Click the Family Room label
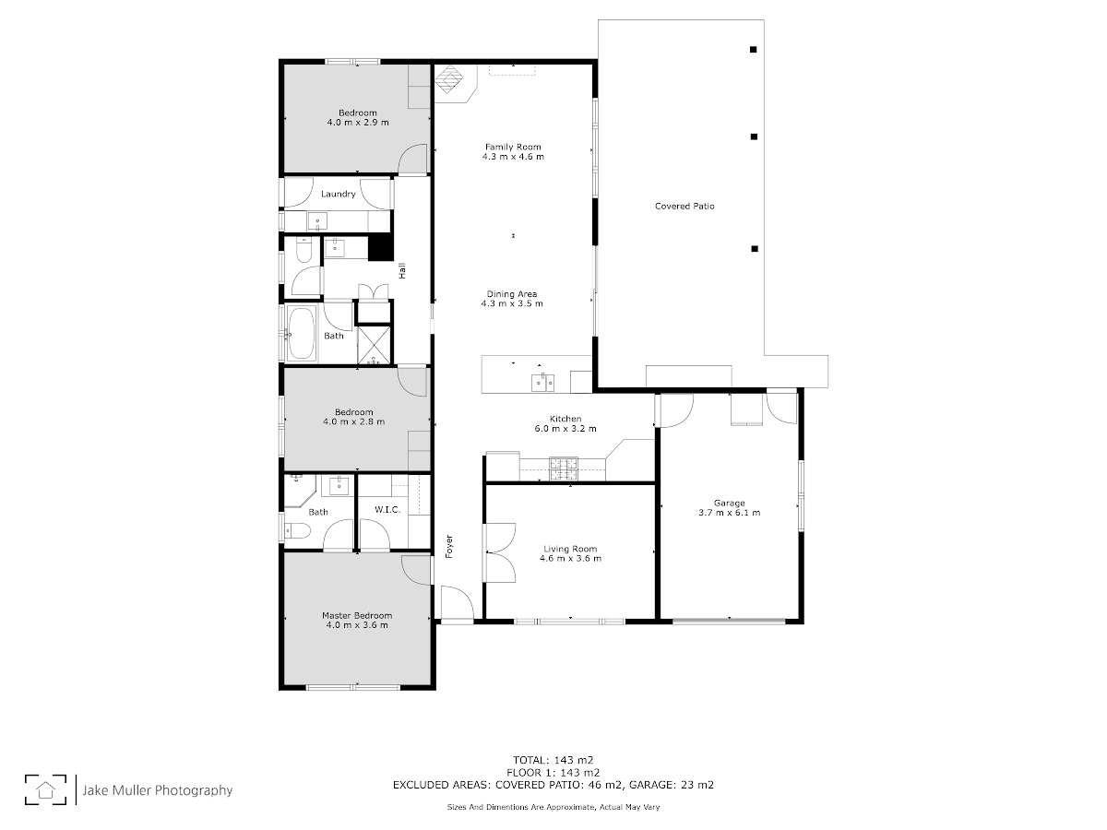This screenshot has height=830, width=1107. click(x=513, y=148)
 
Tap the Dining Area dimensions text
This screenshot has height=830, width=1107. click(x=512, y=303)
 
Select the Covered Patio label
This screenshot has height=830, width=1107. click(x=684, y=206)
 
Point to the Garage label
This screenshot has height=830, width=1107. click(x=730, y=503)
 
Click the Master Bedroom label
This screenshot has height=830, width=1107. click(x=357, y=615)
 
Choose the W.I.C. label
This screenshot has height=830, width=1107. click(x=387, y=509)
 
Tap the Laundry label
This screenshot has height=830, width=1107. click(x=338, y=194)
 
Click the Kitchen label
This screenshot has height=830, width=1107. click(x=565, y=419)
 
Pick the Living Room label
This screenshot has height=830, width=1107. click(x=570, y=549)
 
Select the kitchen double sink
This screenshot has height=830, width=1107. click(x=542, y=383)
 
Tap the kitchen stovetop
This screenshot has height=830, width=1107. click(x=564, y=468)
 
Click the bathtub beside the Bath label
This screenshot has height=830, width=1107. click(x=302, y=333)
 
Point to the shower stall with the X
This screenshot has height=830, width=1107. click(x=374, y=345)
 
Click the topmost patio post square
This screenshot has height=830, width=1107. click(x=753, y=50)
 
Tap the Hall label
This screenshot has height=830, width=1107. click(x=402, y=270)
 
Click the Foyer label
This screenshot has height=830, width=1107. click(x=449, y=546)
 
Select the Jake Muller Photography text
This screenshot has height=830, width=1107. click(x=158, y=790)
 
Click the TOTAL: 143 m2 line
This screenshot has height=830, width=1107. click(x=553, y=760)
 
